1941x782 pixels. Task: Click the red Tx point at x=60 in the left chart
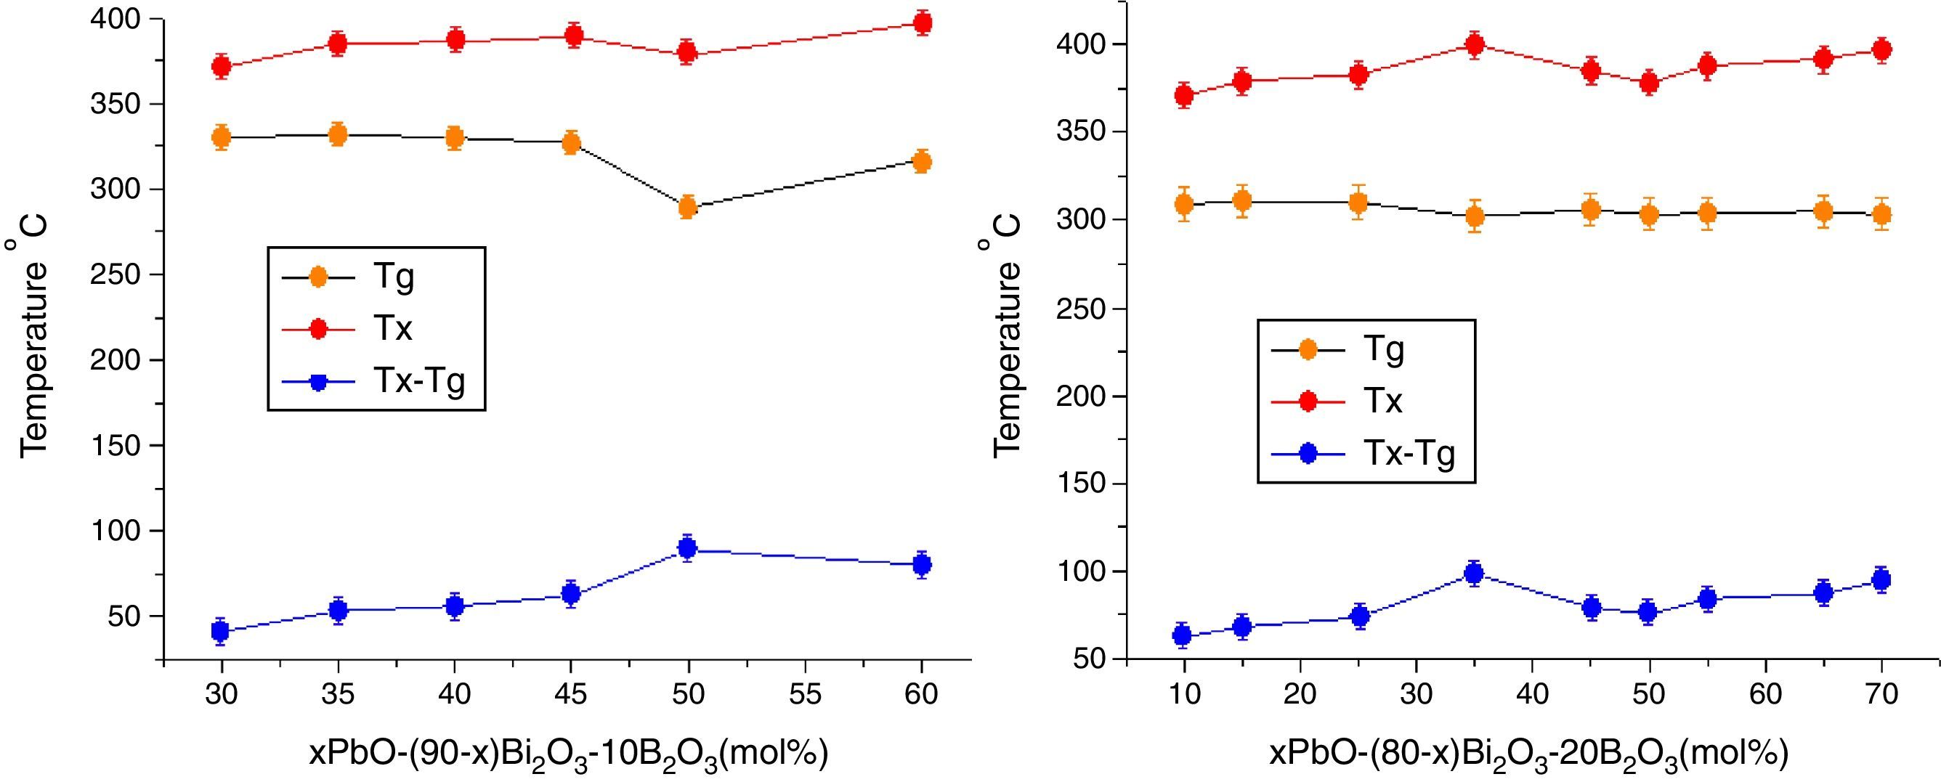click(x=922, y=23)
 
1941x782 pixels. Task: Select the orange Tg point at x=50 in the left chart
click(x=686, y=206)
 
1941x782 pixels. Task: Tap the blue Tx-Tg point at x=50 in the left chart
click(x=686, y=547)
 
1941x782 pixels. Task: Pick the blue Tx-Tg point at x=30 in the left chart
click(x=221, y=630)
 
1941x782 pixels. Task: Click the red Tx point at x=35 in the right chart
click(x=1475, y=45)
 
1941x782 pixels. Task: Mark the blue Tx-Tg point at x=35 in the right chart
click(x=1475, y=574)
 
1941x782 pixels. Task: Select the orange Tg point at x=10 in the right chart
click(x=1184, y=204)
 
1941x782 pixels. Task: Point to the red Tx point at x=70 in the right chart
click(x=1882, y=49)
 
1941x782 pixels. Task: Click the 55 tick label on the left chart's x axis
click(x=805, y=694)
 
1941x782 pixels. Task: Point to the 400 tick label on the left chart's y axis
click(x=116, y=19)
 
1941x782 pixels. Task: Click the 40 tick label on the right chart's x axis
click(x=1533, y=694)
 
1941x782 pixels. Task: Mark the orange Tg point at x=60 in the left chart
click(x=922, y=161)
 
